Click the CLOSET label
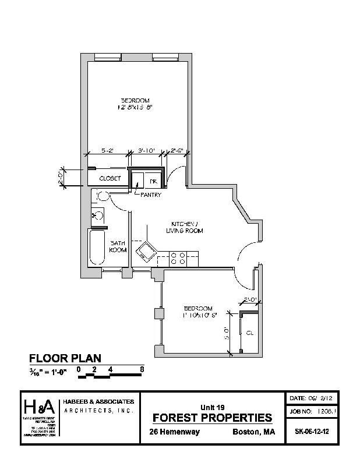(x=110, y=178)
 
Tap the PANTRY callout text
(x=150, y=195)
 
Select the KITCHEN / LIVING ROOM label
(x=186, y=227)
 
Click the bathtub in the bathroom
(x=97, y=247)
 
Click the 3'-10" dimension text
(x=146, y=150)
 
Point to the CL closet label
(x=249, y=333)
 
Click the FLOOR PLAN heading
(x=65, y=358)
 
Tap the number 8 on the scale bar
(x=142, y=369)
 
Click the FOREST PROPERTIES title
(x=211, y=418)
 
